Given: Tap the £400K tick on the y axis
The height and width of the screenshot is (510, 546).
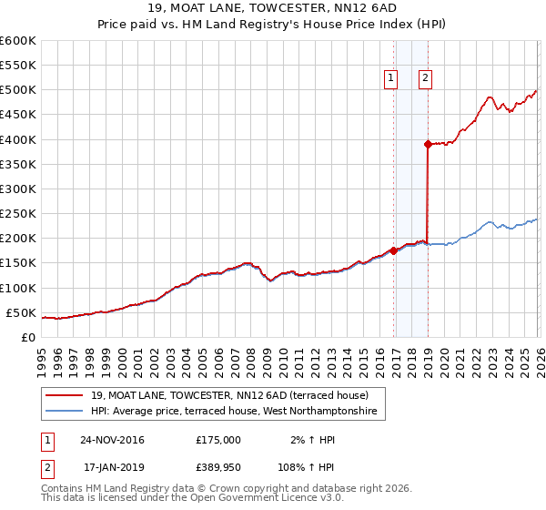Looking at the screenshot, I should pyautogui.click(x=18, y=139).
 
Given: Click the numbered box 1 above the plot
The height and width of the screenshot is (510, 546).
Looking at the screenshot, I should pyautogui.click(x=391, y=78).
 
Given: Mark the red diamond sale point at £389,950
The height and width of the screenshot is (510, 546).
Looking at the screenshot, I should pyautogui.click(x=428, y=144).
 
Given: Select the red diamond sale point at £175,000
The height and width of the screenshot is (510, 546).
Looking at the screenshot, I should pyautogui.click(x=393, y=250).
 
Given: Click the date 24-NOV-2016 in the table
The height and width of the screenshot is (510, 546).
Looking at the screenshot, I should pyautogui.click(x=112, y=440).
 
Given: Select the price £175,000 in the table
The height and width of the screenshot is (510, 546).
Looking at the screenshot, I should pyautogui.click(x=218, y=440).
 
